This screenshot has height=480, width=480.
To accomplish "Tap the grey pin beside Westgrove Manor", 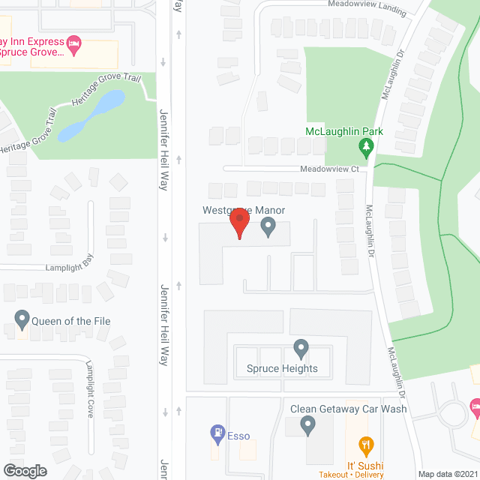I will [268, 226].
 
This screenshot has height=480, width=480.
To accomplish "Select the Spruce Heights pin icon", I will [301, 348].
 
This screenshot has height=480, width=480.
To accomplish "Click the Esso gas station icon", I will [217, 432].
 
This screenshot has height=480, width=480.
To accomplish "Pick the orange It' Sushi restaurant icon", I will [365, 445].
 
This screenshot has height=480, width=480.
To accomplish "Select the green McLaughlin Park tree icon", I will [367, 148].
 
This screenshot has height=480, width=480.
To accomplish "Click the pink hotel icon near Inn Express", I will [73, 43].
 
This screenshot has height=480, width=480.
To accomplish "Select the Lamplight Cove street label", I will [89, 389].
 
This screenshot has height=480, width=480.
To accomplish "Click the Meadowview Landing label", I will [367, 7].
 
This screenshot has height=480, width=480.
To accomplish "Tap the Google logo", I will [24, 470].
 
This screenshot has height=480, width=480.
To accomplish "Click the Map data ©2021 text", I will [448, 474].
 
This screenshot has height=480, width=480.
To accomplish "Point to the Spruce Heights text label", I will [282, 368].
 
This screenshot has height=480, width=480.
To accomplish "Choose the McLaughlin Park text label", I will [344, 131].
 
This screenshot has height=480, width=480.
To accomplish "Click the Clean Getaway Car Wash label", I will [349, 409].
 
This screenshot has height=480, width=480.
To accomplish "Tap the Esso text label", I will [238, 436].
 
